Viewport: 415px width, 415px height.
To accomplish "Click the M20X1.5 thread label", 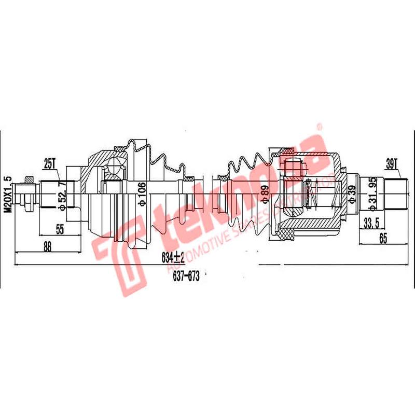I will click(x=7, y=192).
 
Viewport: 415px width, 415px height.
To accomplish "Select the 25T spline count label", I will click(x=50, y=164).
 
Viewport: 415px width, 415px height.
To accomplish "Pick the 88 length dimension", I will click(x=48, y=247).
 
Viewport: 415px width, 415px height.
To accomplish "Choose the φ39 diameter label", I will click(x=353, y=197).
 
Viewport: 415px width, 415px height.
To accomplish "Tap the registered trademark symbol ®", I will click(x=320, y=126).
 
